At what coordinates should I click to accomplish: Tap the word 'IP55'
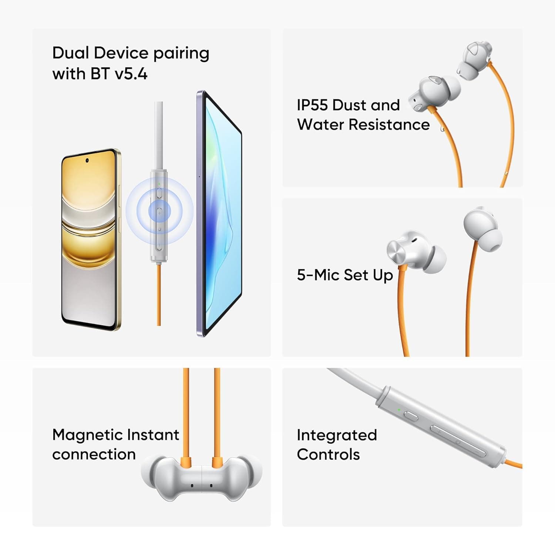pos(312,105)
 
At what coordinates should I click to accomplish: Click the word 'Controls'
pos(328,454)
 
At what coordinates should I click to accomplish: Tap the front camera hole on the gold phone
pos(87,160)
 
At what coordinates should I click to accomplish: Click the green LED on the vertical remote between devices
pos(159,184)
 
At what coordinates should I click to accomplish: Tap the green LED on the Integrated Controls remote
pos(399,409)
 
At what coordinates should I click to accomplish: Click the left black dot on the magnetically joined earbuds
pos(192,485)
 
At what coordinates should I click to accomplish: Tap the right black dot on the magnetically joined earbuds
pos(211,485)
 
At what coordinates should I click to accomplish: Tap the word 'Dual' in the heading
pos(70,53)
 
